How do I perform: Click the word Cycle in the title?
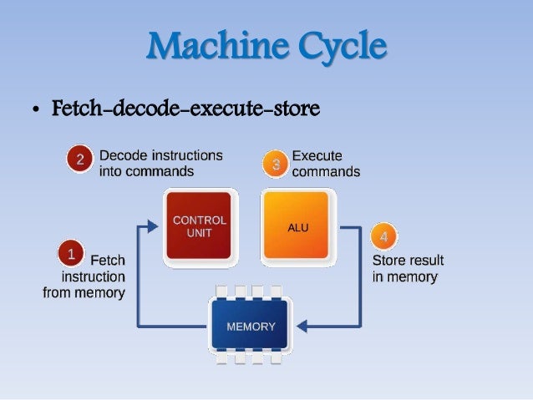335,47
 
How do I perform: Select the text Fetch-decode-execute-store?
185,109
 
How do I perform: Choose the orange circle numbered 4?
383,236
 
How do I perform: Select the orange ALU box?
297,225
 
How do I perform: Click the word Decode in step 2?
121,155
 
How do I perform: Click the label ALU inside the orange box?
297,227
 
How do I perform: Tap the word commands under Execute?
326,172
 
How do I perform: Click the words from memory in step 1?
84,292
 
